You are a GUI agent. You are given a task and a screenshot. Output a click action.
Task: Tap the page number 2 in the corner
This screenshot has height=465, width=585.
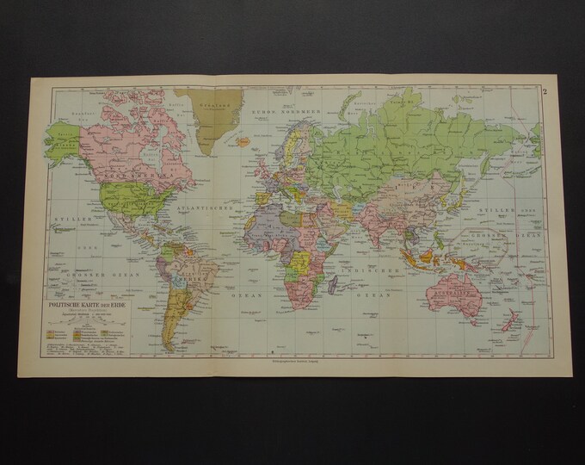point(545,92)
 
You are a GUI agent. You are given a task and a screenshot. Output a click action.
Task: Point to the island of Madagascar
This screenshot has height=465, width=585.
point(329,264)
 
